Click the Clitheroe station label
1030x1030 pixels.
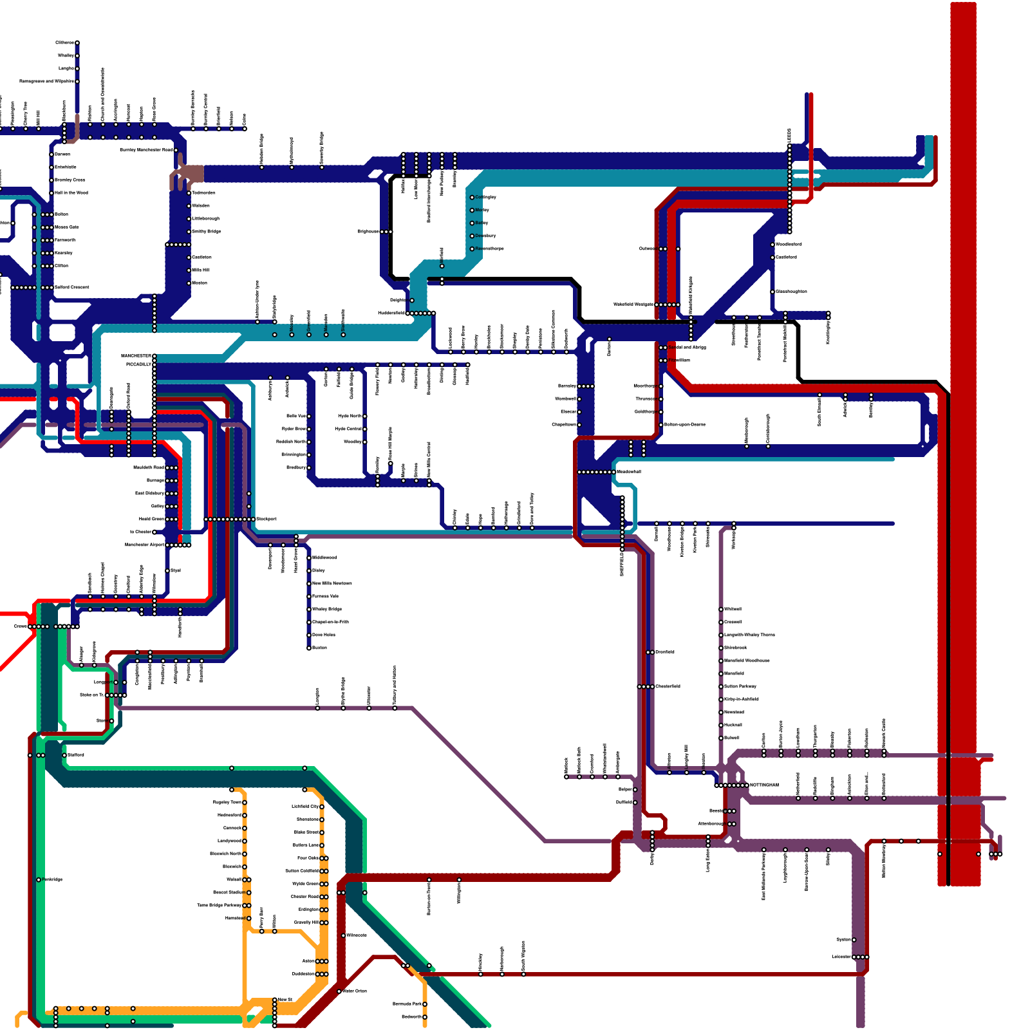[x=64, y=43]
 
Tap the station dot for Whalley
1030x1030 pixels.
[x=77, y=56]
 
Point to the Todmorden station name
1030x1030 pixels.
[x=203, y=192]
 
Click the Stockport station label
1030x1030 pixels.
[x=267, y=519]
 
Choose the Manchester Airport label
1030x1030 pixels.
[x=145, y=545]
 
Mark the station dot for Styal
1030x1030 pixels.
[x=167, y=570]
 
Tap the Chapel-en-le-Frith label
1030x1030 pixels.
[x=330, y=622]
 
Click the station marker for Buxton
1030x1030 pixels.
[x=309, y=648]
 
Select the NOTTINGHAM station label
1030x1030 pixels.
[x=764, y=785]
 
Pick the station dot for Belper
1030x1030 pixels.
[x=635, y=789]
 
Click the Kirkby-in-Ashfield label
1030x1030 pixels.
[x=741, y=699]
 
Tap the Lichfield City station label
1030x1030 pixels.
[x=305, y=807]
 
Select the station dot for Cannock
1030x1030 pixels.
[x=245, y=828]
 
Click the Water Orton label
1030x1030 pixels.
[x=355, y=991]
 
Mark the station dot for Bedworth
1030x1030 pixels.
[x=425, y=1017]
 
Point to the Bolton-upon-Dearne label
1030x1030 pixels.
[x=684, y=425]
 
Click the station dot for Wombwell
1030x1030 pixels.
[x=579, y=399]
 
